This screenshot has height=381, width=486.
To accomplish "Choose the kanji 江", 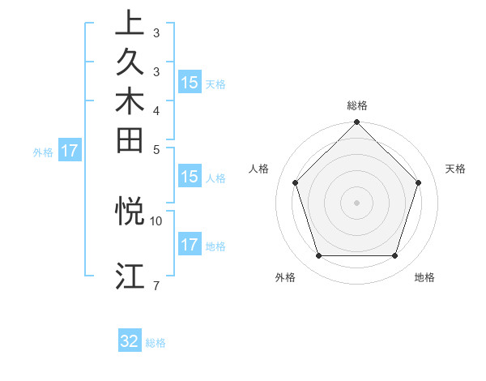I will click(x=130, y=276).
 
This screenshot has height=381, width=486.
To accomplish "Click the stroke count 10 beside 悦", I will click(x=156, y=220).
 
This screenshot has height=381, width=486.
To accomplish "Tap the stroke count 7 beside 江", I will click(x=156, y=285).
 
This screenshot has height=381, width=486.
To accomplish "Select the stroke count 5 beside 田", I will click(x=156, y=148).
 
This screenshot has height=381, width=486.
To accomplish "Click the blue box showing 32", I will click(x=130, y=341).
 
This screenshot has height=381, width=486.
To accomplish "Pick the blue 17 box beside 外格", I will click(x=70, y=151).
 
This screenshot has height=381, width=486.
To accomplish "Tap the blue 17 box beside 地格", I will click(x=190, y=246).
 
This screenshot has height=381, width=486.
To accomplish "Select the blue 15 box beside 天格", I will click(x=190, y=83).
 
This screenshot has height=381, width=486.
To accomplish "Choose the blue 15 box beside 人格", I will click(x=190, y=178).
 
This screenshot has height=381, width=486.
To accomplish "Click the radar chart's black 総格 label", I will click(x=357, y=105).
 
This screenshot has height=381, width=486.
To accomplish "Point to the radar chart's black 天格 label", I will click(x=455, y=169).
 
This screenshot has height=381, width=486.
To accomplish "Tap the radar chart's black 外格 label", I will click(x=285, y=278).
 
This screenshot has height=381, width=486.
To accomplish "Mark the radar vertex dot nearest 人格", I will click(x=296, y=182).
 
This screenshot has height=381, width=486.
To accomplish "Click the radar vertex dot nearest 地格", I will click(x=394, y=255).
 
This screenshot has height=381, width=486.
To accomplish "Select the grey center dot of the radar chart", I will click(x=357, y=202).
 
